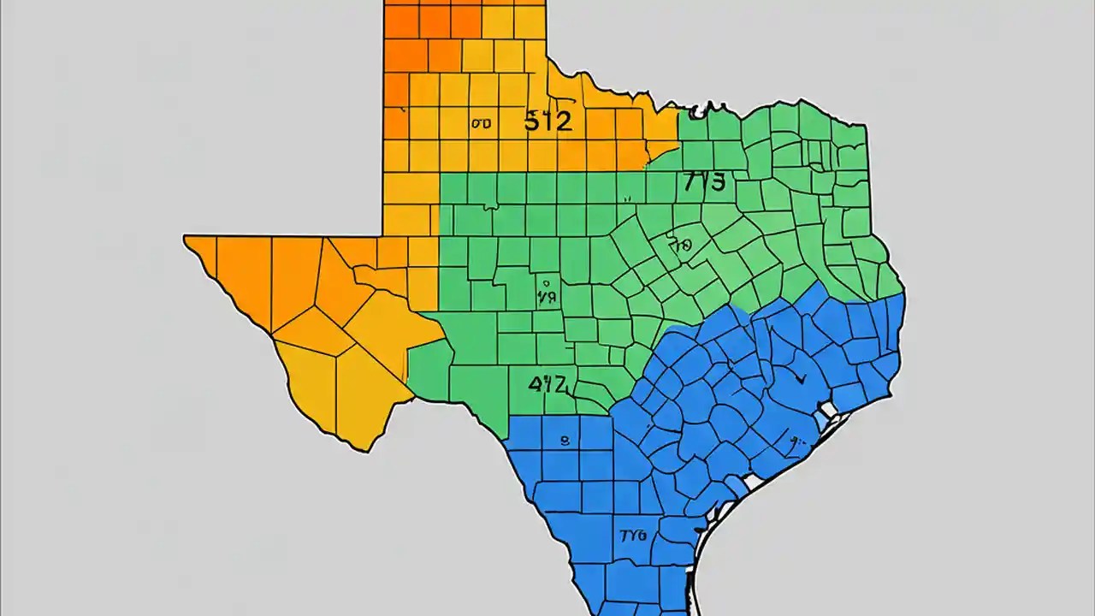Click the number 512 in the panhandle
(x=547, y=121)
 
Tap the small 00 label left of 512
(x=481, y=123)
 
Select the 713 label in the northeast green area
(x=704, y=181)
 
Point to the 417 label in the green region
(x=547, y=384)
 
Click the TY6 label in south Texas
(x=632, y=536)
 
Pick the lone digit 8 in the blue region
(x=564, y=441)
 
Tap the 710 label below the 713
(x=680, y=246)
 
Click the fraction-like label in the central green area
(x=547, y=291)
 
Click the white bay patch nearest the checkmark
(x=826, y=419)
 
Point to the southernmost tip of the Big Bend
(x=367, y=450)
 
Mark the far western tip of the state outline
(x=184, y=238)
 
